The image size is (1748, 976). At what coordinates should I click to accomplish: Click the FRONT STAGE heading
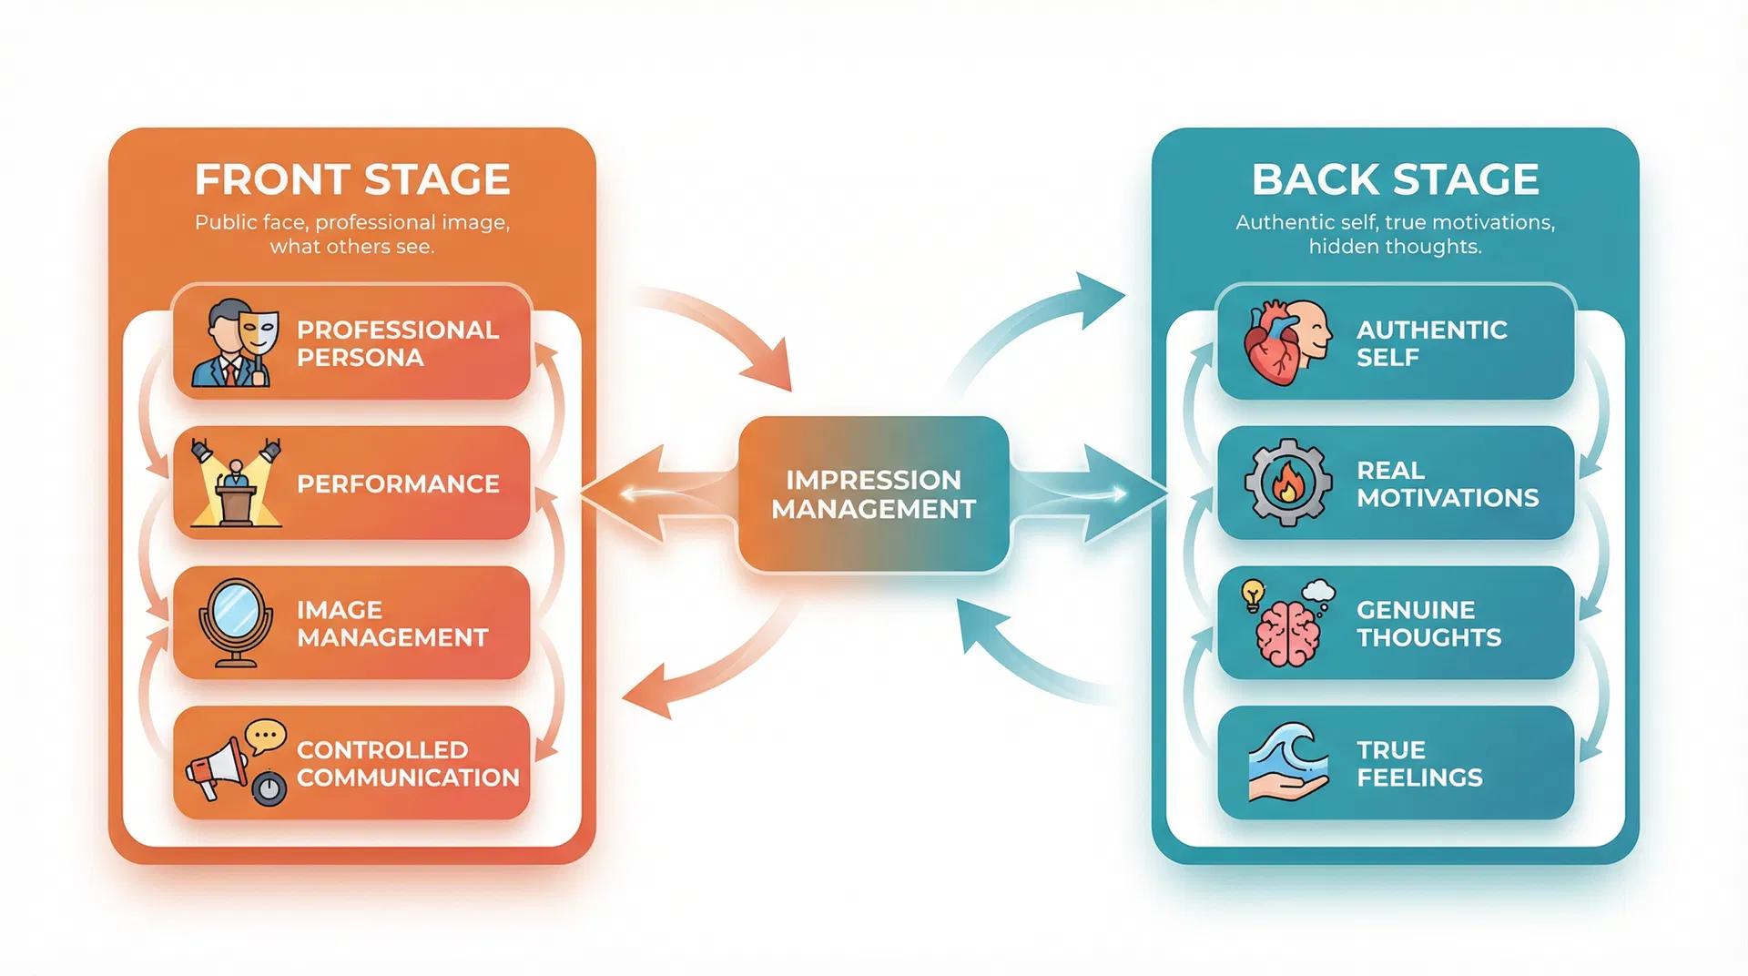click(351, 179)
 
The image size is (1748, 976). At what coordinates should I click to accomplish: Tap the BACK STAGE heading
click(1395, 179)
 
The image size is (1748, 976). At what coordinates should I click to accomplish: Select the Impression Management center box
click(873, 494)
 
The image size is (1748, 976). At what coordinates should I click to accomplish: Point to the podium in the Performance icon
click(236, 502)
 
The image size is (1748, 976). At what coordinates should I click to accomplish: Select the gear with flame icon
click(1287, 483)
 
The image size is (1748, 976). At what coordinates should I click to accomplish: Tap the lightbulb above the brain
click(1254, 594)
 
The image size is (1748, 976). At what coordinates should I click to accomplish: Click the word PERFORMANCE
click(398, 484)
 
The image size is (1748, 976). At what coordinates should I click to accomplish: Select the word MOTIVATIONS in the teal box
click(1448, 498)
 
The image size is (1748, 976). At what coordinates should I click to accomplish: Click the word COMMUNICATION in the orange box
click(408, 778)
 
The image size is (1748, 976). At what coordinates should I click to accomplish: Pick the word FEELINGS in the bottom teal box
click(1419, 778)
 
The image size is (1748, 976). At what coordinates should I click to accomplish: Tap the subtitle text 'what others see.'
click(352, 247)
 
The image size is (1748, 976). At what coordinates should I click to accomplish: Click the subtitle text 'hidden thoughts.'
click(1395, 247)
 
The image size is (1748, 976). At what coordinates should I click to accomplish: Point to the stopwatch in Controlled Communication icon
click(269, 788)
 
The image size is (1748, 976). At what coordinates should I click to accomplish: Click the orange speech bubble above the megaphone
click(265, 735)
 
